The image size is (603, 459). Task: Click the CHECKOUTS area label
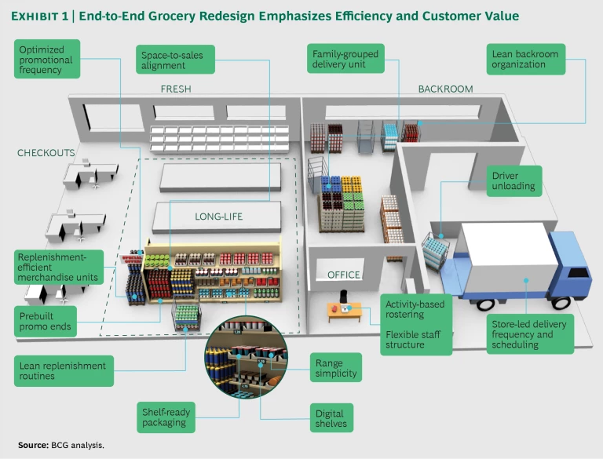click(x=46, y=153)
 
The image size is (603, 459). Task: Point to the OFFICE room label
click(x=344, y=275)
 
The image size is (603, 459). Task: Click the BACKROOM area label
click(x=445, y=89)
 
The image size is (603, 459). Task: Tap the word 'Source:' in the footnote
click(x=33, y=445)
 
